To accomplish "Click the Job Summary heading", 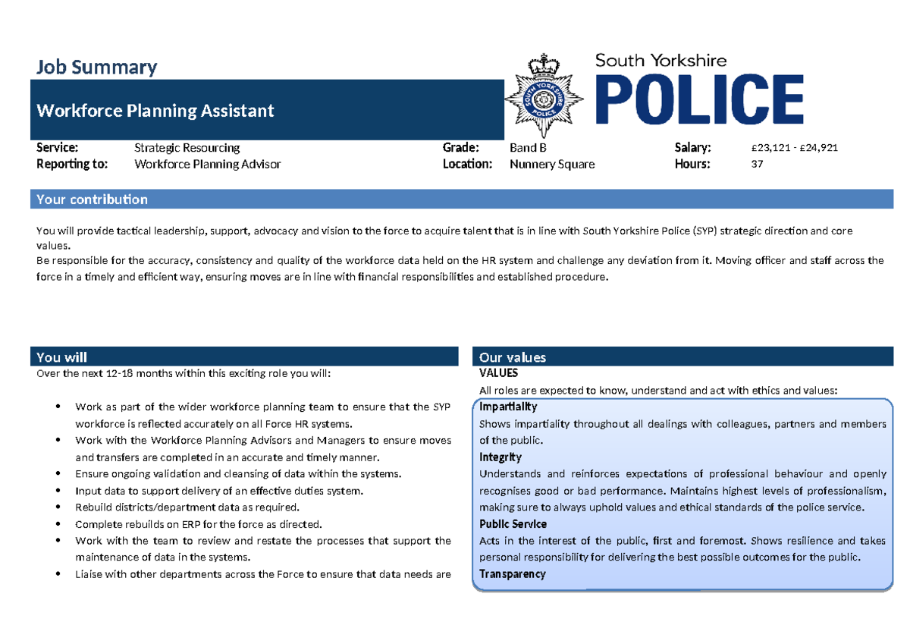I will coord(96,68).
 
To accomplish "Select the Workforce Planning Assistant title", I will coord(155,111).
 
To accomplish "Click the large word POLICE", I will coord(699,99).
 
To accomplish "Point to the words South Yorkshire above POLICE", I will coord(661,60).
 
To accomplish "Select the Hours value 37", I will coord(757,164).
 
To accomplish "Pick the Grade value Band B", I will coord(528,148).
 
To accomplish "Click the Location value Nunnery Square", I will coord(552,164).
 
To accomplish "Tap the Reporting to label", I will coord(72,164).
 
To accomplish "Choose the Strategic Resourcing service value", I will coord(187,148).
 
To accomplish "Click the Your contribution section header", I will coord(92,199).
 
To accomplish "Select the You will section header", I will coord(61,357).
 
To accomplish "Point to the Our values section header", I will coord(513,357).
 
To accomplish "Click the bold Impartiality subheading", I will coord(508,407).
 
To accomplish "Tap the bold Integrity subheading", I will coord(500,457).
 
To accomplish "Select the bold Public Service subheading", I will coord(513,524).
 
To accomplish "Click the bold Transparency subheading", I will coord(512,574).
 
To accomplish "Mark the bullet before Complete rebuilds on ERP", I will coord(59,524).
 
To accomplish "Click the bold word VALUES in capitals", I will coord(498,373).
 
